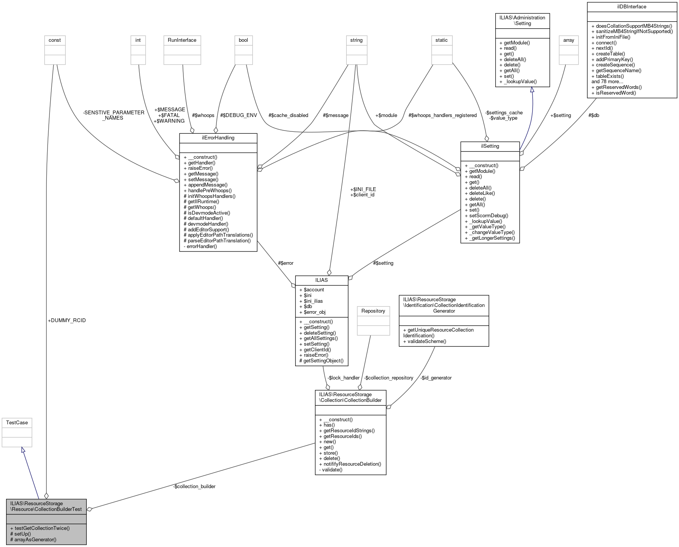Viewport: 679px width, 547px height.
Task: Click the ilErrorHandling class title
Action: click(218, 138)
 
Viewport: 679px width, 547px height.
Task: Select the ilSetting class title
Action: click(490, 146)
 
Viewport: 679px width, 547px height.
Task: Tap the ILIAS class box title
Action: click(321, 280)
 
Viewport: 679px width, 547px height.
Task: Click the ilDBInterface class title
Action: click(632, 6)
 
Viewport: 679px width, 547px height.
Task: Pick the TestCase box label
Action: click(17, 422)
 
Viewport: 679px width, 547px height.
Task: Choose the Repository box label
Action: click(373, 311)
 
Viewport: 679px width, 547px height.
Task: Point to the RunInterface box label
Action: click(182, 40)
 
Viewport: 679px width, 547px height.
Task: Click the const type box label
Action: click(55, 40)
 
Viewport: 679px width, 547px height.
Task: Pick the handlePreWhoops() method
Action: click(207, 190)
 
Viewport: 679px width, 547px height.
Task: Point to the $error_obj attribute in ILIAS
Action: click(312, 312)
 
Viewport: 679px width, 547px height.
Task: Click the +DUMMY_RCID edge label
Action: click(67, 320)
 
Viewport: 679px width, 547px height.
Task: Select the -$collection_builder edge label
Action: click(194, 486)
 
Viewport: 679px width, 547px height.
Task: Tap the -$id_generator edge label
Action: click(436, 378)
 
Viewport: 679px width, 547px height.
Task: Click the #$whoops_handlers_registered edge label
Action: click(442, 115)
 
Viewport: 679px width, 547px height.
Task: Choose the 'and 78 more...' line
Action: click(607, 81)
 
